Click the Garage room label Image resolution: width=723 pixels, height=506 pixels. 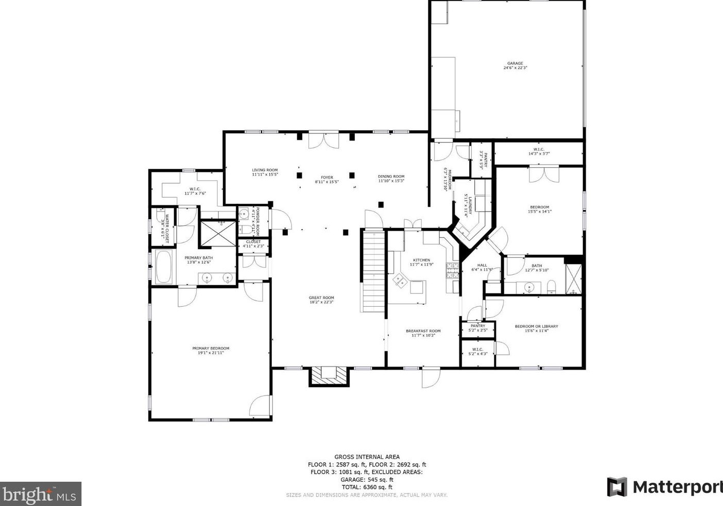tap(514, 63)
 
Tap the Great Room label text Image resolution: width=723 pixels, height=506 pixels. tap(321, 298)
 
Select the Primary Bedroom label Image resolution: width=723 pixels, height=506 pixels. tap(211, 348)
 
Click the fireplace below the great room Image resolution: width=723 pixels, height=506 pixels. tap(328, 375)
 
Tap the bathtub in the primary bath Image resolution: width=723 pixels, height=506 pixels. tap(164, 267)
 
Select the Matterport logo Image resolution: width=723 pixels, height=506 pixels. tap(664, 487)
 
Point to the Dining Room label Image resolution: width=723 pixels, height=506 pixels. tap(391, 177)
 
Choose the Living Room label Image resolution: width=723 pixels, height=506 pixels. tap(265, 170)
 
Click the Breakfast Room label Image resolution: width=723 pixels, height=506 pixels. tap(423, 331)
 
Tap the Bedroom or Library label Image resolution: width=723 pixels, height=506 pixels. tap(536, 326)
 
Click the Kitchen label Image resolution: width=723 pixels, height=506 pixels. tap(421, 260)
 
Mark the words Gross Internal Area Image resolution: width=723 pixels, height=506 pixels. tap(367, 457)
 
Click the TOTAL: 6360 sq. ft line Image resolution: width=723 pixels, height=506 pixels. tap(367, 487)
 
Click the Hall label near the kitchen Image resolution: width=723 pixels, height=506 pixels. tap(482, 265)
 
